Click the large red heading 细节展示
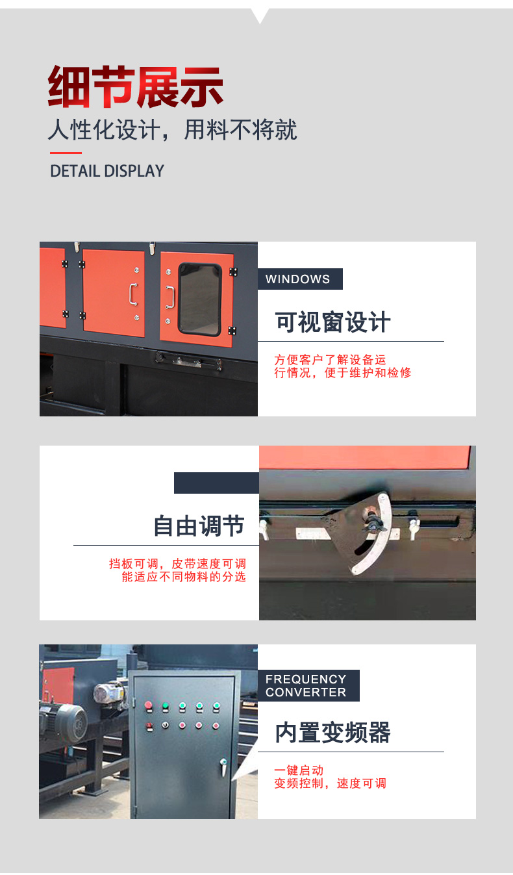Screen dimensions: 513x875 pos(135,86)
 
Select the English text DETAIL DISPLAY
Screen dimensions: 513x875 pos(107,171)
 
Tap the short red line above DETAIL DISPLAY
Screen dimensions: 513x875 pos(66,153)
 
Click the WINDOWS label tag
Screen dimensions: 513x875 pos(300,279)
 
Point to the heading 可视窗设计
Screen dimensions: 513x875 pos(332,322)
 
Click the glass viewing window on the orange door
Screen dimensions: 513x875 pos(199,299)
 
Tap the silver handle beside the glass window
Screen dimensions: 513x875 pos(170,298)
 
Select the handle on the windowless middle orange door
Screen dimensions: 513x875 pos(133,294)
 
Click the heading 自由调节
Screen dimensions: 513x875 pos(199,526)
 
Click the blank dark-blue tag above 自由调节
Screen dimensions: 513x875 pos(217,483)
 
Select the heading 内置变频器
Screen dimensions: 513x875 pos(332,733)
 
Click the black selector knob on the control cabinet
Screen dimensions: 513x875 pos(166,726)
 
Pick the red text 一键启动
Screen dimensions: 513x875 pos(299,770)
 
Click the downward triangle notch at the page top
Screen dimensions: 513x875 pos(260,16)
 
